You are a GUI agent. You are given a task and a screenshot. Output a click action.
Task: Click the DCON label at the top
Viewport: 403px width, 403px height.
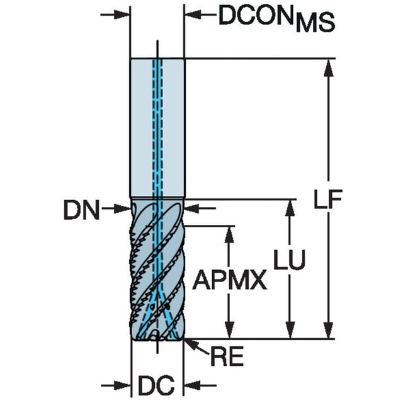[256, 15]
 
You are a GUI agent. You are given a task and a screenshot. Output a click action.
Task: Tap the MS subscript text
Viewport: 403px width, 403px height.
[315, 23]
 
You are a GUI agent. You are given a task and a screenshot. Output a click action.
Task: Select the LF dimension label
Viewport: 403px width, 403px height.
[327, 199]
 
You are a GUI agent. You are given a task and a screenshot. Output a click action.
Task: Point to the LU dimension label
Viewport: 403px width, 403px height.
[290, 259]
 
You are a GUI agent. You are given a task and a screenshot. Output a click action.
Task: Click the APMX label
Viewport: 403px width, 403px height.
[230, 280]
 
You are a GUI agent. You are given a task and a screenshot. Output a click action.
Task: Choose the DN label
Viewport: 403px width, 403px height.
[81, 210]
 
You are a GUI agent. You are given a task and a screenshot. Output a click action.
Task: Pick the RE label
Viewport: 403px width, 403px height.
[227, 356]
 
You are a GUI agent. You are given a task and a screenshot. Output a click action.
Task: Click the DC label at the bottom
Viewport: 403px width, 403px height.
[156, 385]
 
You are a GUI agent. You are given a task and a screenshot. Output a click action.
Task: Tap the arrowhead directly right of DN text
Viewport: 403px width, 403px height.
[122, 208]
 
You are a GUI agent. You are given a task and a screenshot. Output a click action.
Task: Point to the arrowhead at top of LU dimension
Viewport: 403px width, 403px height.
[290, 208]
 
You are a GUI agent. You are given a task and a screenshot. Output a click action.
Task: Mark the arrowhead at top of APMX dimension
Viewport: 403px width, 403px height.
[229, 235]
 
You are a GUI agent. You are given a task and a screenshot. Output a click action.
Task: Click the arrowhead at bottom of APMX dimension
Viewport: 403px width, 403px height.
[229, 330]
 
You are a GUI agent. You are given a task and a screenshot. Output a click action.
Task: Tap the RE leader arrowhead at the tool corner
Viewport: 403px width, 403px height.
[191, 343]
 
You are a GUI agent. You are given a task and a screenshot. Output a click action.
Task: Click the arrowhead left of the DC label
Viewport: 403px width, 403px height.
[123, 385]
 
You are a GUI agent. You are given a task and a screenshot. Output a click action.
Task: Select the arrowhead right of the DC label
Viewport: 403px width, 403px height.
[192, 385]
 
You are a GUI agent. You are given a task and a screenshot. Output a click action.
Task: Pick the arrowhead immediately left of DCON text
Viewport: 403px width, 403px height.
[193, 14]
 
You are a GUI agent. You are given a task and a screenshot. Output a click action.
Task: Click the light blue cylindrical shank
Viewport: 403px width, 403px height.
[157, 128]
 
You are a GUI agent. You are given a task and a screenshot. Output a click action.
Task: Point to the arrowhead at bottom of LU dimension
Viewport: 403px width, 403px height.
[290, 330]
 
